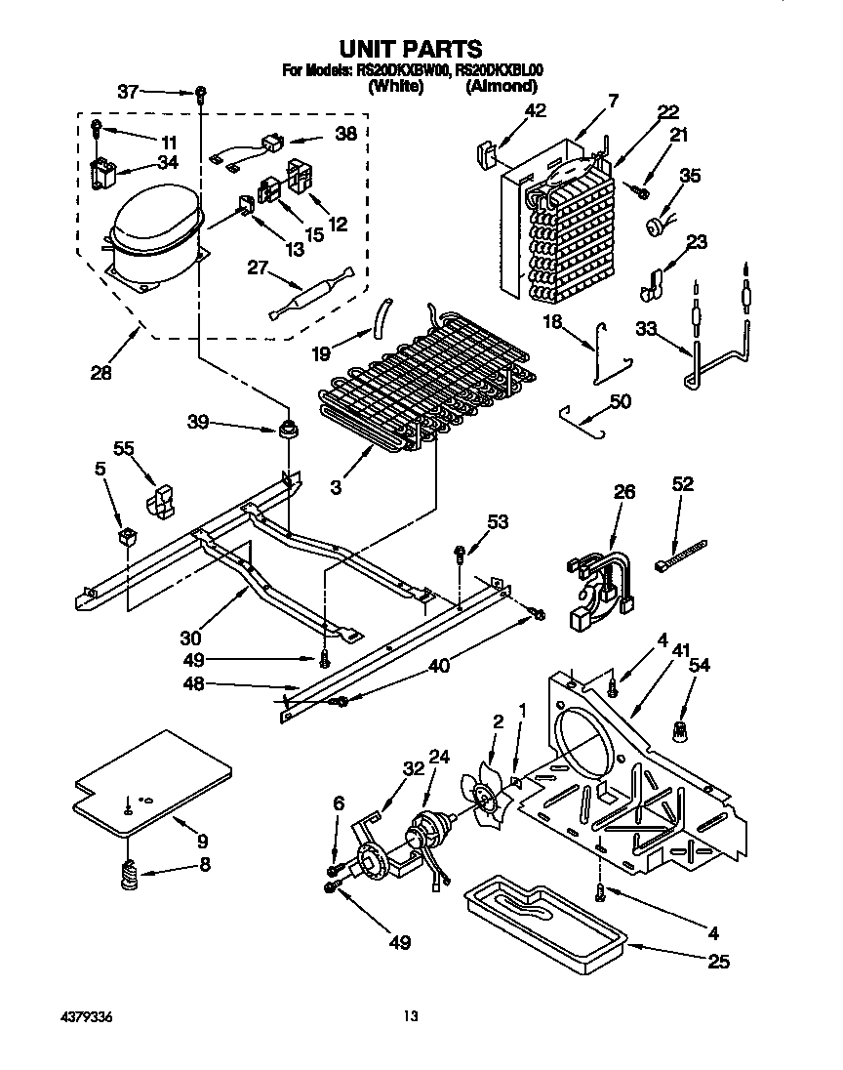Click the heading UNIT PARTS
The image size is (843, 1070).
tap(410, 48)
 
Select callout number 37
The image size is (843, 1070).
tap(129, 92)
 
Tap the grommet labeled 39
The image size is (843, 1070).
tap(287, 427)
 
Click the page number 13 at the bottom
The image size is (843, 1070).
tap(411, 1016)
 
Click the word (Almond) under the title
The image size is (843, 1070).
tap(502, 86)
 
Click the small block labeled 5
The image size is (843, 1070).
tap(125, 536)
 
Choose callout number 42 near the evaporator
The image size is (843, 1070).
tap(535, 111)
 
